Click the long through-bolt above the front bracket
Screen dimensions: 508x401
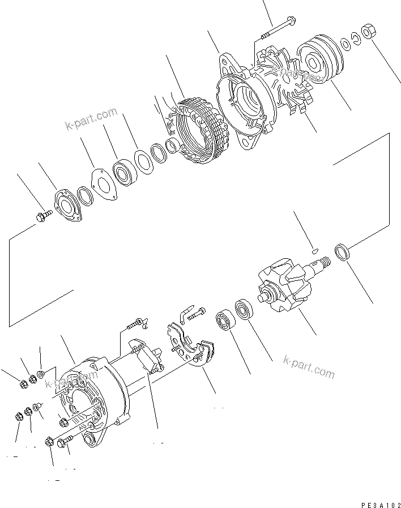278,25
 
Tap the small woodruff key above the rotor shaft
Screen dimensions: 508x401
315,247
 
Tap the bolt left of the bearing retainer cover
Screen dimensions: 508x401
44,215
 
